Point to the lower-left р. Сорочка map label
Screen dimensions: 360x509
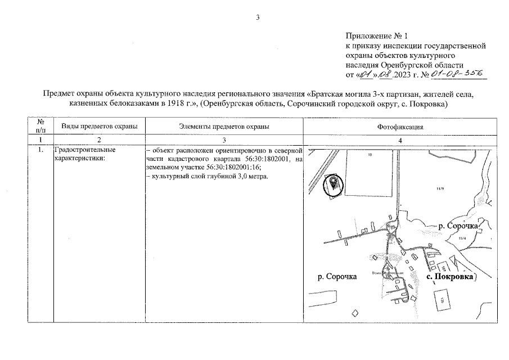click(337, 277)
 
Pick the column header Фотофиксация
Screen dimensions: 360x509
click(400, 127)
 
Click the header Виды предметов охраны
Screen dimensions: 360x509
click(100, 127)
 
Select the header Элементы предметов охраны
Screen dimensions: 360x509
click(223, 127)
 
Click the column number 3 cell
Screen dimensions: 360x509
click(223, 139)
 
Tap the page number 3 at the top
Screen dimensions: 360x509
click(258, 17)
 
